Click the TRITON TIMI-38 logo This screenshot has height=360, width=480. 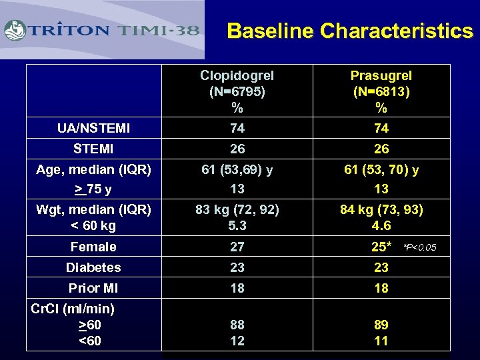pos(103,30)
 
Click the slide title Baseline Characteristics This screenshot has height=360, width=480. pos(349,31)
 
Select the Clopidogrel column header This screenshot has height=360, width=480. pos(237,91)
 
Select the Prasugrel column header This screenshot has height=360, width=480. pos(381,91)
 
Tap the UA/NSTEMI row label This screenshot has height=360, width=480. pos(93,128)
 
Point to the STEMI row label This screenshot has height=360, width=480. pos(93,149)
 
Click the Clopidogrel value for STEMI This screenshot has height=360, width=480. pos(237,149)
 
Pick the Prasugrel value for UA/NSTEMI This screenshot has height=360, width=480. pos(381,128)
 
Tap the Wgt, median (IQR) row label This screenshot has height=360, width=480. pos(93,211)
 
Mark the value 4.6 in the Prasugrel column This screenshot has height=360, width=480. pos(381,226)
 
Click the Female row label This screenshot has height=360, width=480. pos(93,247)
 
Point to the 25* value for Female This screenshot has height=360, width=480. pos(381,247)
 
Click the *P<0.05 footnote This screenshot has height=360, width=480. pos(420,248)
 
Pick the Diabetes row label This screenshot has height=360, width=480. pos(93,267)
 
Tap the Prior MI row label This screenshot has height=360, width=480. pos(93,288)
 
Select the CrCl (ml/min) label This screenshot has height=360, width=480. pos(73,309)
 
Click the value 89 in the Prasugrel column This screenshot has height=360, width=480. pos(381,325)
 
